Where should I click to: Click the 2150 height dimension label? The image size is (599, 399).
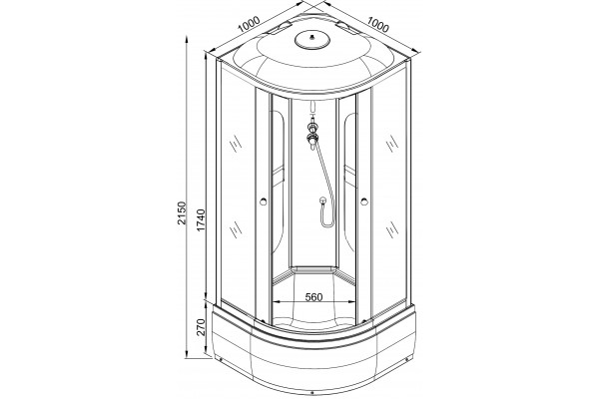coord(182,212)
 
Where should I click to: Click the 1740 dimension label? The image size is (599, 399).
coord(201,219)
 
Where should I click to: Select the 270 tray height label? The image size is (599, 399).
coord(201,327)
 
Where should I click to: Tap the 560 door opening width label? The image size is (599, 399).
coord(314,296)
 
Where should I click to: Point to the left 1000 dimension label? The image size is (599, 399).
coord(249,24)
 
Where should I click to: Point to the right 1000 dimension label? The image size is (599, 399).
coord(377,24)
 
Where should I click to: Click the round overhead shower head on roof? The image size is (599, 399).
coord(312,39)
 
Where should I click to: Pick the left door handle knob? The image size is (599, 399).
coord(263,201)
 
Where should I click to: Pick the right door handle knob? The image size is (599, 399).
coord(363,201)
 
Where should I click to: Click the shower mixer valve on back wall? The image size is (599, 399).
coord(313,132)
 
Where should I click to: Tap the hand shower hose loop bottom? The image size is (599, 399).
coord(325,223)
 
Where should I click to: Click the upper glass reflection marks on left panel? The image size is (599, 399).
coord(236,144)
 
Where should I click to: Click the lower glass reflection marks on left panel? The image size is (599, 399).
coord(236,229)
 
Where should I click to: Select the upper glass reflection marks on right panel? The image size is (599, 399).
coord(391,144)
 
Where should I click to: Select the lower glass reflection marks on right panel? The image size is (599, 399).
coord(391,229)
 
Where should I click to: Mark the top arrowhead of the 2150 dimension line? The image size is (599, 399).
coord(187,39)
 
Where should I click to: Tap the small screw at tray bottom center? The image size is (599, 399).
coord(312,392)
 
